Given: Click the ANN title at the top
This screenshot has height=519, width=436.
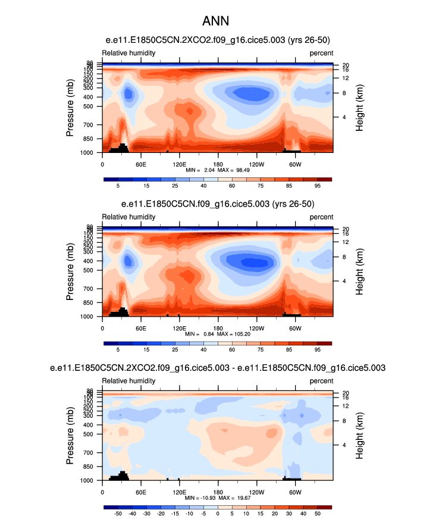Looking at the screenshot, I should point(218,21).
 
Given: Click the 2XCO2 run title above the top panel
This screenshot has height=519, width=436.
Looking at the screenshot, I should point(218,40).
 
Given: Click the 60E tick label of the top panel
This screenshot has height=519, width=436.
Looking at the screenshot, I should point(141,164).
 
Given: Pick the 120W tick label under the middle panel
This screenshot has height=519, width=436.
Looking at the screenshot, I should point(256,328).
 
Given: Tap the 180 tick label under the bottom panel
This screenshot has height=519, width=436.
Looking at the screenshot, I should point(218,492).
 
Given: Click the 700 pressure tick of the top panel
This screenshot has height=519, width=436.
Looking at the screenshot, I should point(88,126).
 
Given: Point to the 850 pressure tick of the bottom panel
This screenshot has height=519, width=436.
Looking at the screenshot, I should point(88,467).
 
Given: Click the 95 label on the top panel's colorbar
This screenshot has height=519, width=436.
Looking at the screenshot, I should point(317,186).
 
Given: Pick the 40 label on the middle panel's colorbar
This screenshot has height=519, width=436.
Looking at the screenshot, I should point(203,350).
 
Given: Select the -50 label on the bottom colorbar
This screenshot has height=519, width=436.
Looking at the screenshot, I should point(118,513).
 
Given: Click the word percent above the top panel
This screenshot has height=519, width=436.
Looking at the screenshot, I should point(321,53).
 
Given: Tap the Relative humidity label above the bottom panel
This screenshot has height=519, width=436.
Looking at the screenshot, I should point(129,380).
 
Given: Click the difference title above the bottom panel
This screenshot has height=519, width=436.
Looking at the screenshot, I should point(218,368).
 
